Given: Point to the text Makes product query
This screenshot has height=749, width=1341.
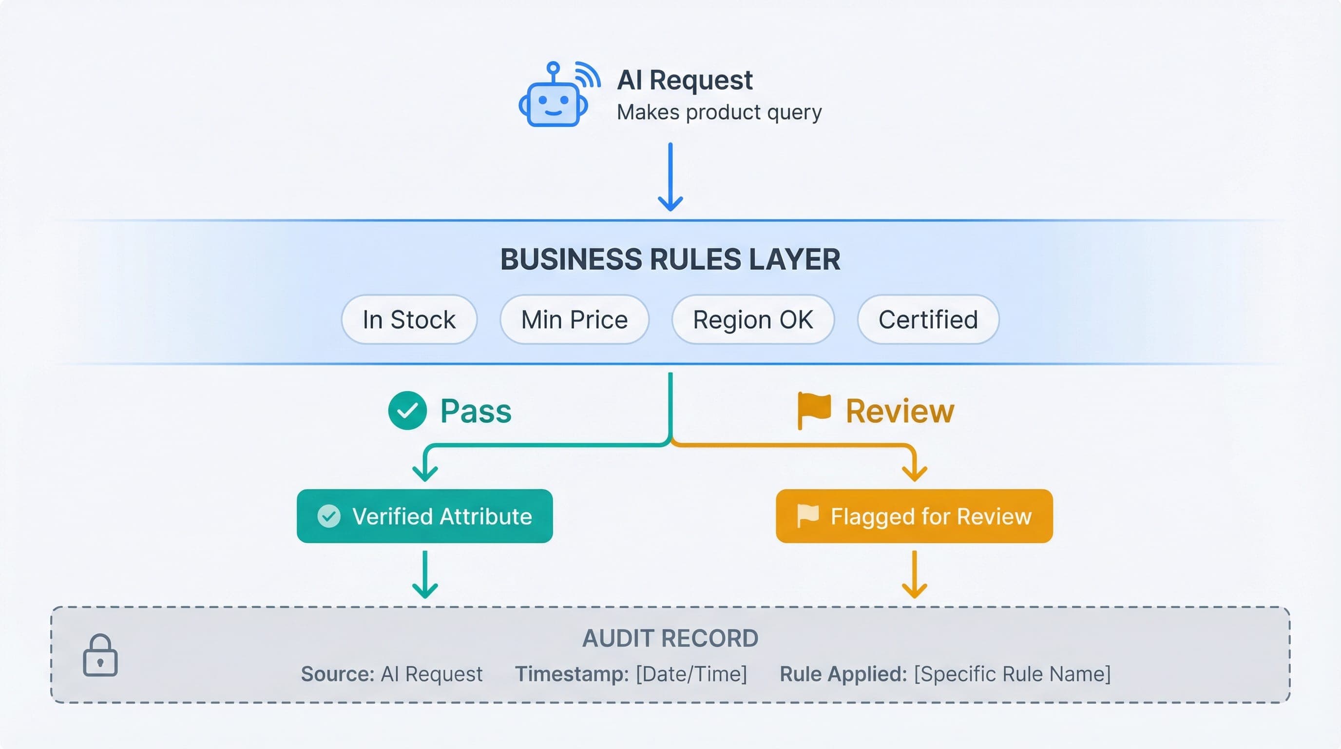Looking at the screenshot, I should [719, 113].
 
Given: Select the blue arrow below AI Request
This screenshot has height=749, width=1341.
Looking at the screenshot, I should [670, 177].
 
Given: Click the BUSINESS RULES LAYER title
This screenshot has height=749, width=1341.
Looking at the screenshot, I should [670, 259].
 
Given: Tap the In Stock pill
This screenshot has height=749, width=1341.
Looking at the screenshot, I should [409, 319].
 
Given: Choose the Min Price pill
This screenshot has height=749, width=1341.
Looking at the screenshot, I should [574, 319].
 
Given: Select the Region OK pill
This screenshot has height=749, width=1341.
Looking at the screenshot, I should [753, 319].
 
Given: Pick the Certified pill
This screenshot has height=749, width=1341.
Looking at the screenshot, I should [928, 319].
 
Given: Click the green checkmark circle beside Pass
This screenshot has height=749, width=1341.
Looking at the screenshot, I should [407, 411].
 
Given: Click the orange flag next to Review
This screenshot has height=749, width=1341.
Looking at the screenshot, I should [814, 410].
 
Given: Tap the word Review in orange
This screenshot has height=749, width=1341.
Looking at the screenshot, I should [900, 411].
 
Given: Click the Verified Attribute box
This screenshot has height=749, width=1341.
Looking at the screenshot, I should [425, 516].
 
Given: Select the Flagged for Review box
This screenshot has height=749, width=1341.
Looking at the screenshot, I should [914, 516].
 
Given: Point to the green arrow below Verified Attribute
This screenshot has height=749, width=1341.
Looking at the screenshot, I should [425, 574].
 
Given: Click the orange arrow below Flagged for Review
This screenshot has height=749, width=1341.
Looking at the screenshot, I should [914, 574].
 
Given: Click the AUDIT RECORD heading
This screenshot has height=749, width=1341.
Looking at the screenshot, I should [670, 639].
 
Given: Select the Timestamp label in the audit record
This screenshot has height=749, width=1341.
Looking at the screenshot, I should [572, 674].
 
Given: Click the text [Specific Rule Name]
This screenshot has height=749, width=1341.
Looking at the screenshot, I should [1012, 674].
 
